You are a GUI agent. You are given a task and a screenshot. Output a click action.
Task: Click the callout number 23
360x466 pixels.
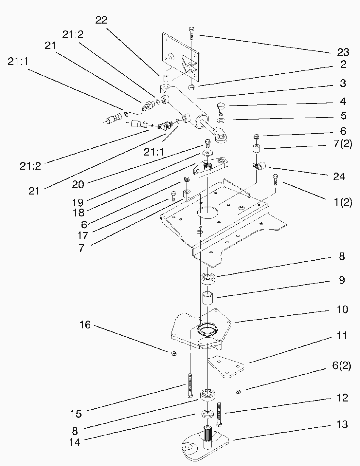tap(343, 52)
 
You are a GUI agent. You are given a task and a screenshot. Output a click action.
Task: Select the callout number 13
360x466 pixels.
tap(342, 424)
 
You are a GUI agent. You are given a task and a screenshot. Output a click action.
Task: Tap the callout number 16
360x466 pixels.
tap(85, 325)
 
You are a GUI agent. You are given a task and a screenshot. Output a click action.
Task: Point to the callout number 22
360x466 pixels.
tap(101, 20)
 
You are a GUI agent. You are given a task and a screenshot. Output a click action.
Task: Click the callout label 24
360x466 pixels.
tap(339, 177)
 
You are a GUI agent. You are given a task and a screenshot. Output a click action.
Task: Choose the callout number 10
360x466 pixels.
tap(342, 309)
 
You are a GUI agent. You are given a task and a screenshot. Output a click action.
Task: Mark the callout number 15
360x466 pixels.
tap(76, 414)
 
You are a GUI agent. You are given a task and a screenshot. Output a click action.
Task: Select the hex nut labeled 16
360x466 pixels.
tap(174, 353)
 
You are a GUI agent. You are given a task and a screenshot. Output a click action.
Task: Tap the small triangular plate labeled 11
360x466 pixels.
tap(226, 366)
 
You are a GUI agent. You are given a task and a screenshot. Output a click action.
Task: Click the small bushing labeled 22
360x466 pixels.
tap(166, 79)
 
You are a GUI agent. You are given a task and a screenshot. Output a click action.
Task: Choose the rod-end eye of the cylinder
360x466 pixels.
tap(221, 137)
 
